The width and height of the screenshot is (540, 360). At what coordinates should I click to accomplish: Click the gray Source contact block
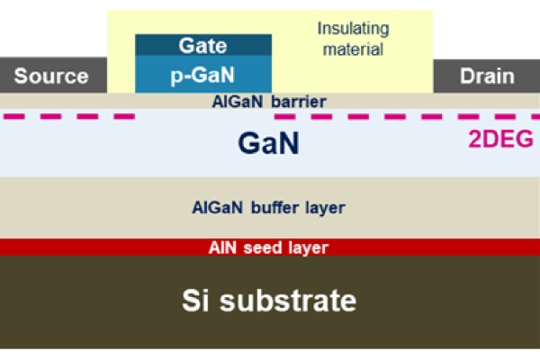pos(51,76)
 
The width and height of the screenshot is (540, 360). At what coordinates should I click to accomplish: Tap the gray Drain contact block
pos(487,76)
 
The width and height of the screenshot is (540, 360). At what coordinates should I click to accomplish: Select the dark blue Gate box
pos(202,45)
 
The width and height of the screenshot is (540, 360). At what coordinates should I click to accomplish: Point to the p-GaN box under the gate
pos(202,74)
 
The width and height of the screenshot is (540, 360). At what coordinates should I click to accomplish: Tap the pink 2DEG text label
pos(500,139)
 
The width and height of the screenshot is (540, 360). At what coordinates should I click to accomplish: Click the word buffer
pos(269,208)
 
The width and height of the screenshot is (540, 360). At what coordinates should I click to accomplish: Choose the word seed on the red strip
pos(267,247)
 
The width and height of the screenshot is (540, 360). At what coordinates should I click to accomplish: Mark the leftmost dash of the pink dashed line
pos(16,116)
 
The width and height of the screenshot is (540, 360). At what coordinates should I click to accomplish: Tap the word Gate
pos(202,45)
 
